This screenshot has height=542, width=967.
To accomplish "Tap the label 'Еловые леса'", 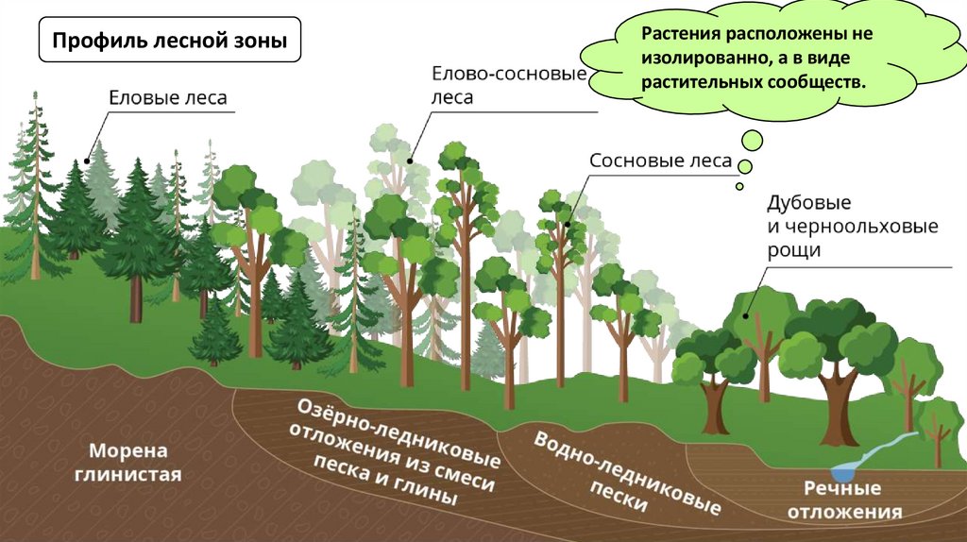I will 167,96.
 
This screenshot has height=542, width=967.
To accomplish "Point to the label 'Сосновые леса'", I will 660,161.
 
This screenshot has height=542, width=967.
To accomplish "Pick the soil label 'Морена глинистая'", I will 136,462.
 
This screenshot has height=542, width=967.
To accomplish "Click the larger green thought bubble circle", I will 752,141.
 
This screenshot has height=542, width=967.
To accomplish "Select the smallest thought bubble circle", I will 738,184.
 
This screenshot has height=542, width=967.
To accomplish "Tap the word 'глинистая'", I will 136,474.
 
